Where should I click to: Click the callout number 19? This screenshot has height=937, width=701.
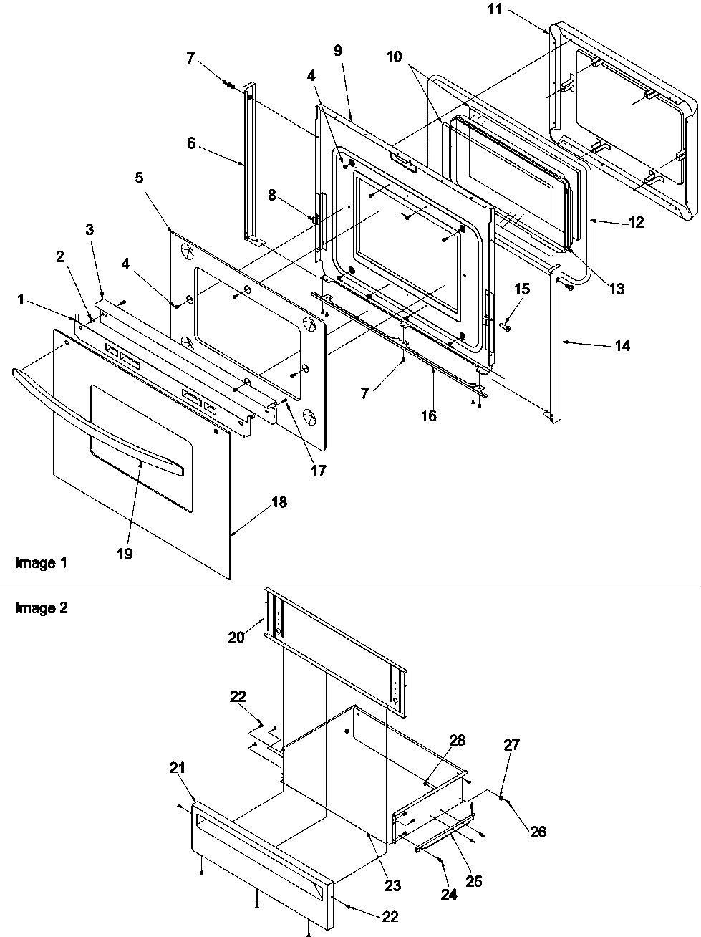click(125, 554)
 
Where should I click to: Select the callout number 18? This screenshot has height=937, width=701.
click(279, 502)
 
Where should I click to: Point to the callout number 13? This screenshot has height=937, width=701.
click(617, 289)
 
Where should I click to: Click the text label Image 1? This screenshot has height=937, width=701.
click(42, 563)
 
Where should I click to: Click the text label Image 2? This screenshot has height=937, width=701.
click(42, 608)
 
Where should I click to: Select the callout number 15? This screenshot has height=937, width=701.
click(522, 289)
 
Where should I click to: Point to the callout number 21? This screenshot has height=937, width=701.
click(178, 768)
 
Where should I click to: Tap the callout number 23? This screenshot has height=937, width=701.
click(392, 885)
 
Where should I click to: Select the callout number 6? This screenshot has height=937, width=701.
click(190, 143)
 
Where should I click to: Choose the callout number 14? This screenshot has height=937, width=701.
click(622, 345)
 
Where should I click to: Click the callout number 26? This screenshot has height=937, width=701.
click(537, 832)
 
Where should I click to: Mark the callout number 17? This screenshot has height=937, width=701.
click(317, 471)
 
